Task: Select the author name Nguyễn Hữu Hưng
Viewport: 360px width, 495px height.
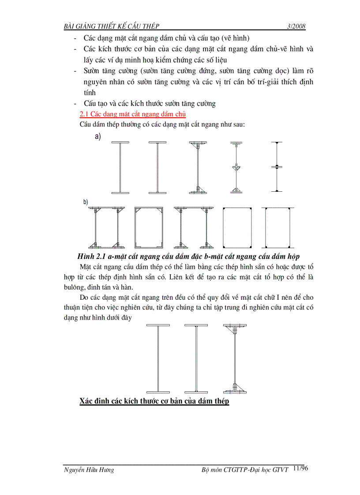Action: point(89,470)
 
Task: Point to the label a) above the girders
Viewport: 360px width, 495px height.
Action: point(97,137)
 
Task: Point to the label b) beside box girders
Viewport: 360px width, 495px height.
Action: point(86,202)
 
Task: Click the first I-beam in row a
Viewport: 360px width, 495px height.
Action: point(120,167)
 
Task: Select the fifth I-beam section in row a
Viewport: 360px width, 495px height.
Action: point(276,167)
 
